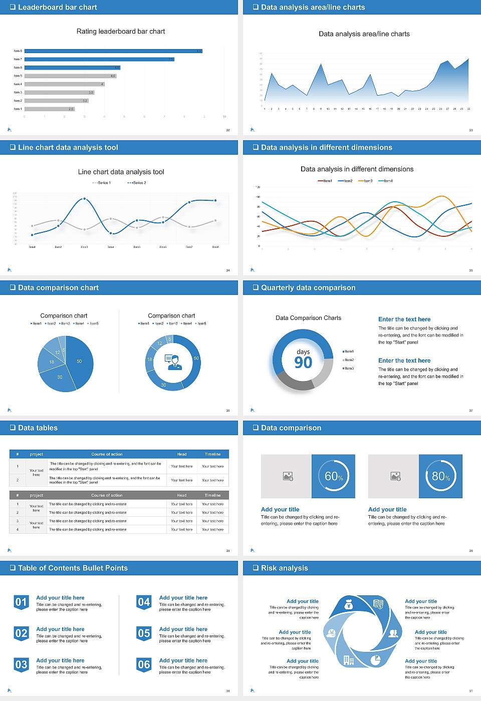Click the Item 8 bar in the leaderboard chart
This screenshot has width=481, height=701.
(113, 51)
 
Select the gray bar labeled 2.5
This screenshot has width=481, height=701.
(49, 109)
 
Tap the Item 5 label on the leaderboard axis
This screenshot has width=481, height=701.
(18, 76)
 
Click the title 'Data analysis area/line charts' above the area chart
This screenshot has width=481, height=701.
(364, 34)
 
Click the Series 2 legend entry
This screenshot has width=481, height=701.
(137, 183)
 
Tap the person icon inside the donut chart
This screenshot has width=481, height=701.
(173, 362)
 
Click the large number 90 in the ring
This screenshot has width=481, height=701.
(303, 363)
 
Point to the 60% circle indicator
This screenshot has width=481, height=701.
(333, 476)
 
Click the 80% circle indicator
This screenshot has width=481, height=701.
(440, 476)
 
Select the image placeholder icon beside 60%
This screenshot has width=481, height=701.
(288, 476)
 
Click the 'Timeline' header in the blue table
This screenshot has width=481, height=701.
(212, 454)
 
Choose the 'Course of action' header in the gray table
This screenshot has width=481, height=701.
(107, 495)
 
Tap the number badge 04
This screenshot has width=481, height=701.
(144, 602)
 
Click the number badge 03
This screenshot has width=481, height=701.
(21, 665)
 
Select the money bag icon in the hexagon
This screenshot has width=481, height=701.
(349, 606)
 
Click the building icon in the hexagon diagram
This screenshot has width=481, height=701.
(349, 660)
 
